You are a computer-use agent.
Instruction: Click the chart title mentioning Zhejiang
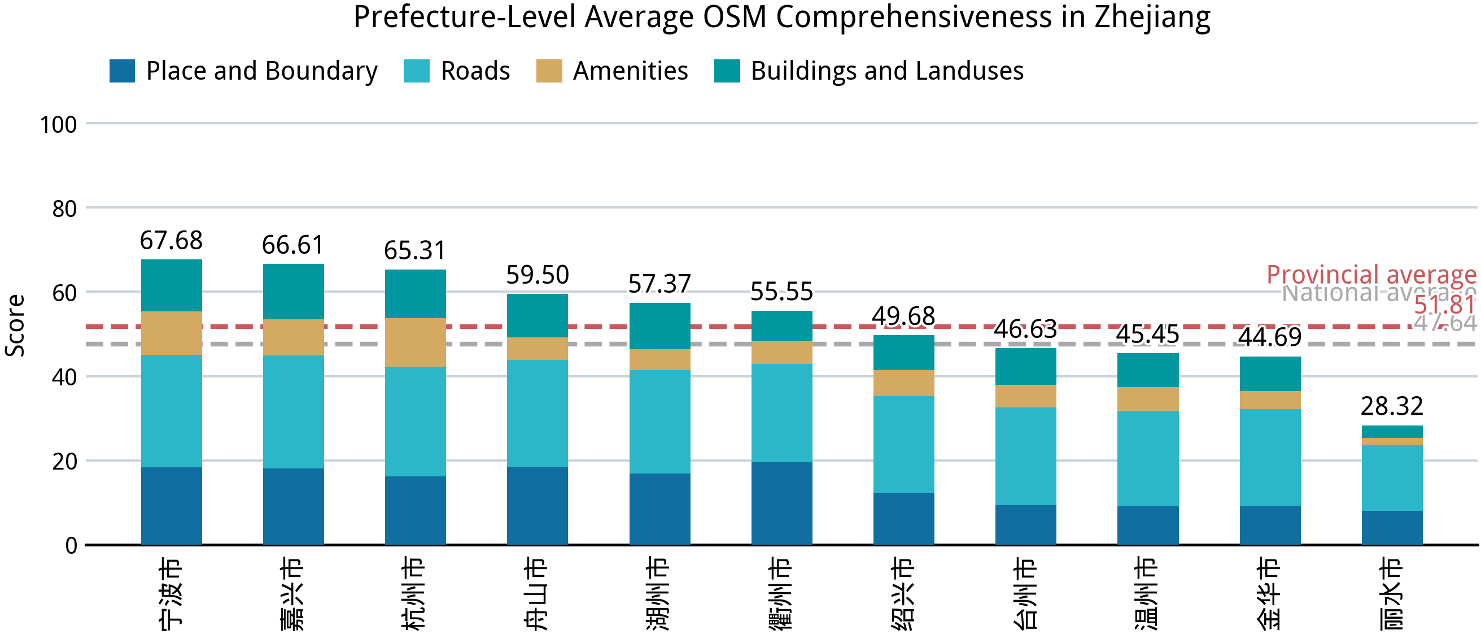[x=781, y=18]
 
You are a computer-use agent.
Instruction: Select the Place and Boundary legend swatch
[x=122, y=71]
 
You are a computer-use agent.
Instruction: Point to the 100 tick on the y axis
[x=58, y=125]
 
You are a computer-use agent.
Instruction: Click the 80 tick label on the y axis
[x=64, y=209]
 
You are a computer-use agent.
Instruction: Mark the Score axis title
[x=15, y=325]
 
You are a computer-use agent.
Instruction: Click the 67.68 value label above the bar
[x=171, y=241]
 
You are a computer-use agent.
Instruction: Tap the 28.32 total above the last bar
[x=1391, y=406]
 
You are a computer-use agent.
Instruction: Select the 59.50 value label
[x=537, y=275]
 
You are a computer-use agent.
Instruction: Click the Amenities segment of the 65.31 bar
[x=415, y=342]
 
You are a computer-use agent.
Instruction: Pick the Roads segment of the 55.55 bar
[x=781, y=412]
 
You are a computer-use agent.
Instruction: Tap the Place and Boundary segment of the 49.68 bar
[x=903, y=518]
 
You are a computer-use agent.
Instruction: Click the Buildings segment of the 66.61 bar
[x=293, y=292]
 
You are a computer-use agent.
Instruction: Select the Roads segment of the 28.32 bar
[x=1391, y=477]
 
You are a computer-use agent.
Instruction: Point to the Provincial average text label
[x=1371, y=275]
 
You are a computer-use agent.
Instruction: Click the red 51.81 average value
[x=1444, y=305]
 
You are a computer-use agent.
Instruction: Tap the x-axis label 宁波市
[x=171, y=593]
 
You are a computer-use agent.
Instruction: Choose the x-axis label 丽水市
[x=1391, y=593]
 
